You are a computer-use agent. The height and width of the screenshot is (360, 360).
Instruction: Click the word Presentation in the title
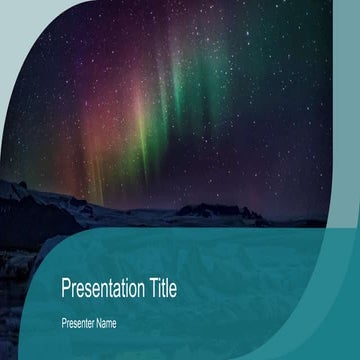104,289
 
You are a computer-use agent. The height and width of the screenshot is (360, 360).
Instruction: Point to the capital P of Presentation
66,289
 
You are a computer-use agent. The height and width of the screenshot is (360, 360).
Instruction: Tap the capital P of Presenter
65,323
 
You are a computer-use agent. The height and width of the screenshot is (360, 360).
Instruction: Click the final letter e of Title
173,290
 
